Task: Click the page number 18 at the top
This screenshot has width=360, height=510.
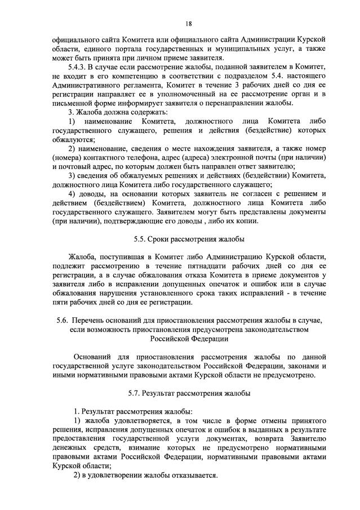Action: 188,24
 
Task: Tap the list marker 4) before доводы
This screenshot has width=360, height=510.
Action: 72,193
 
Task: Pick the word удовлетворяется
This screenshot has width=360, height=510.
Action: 142,421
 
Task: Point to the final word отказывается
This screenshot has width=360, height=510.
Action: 191,475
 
